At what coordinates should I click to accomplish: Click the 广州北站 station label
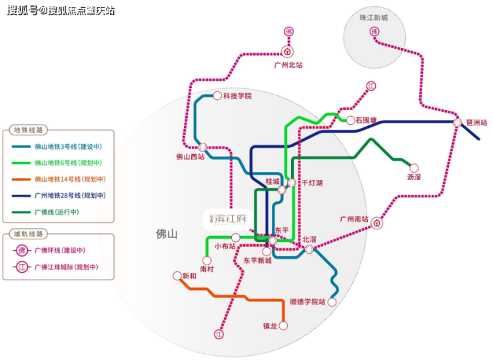[288, 65]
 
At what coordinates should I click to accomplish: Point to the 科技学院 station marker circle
[217, 96]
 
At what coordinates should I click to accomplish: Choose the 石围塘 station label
[366, 121]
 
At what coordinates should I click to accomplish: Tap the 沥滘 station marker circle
[414, 168]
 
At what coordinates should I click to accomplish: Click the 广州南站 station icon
[377, 224]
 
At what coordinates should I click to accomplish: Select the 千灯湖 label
[312, 182]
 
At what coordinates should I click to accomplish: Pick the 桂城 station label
[272, 181]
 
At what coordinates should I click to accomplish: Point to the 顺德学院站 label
[307, 302]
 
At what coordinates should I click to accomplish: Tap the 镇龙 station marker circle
[282, 326]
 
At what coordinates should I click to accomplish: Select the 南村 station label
[207, 269]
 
